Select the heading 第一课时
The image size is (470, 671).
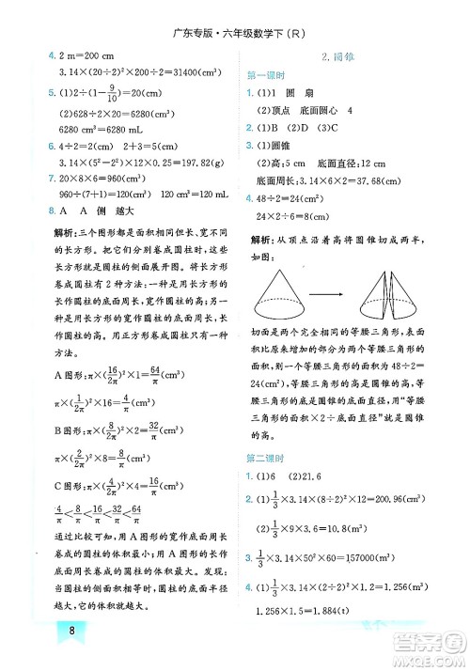click(266, 75)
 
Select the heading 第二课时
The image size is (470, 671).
click(266, 459)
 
